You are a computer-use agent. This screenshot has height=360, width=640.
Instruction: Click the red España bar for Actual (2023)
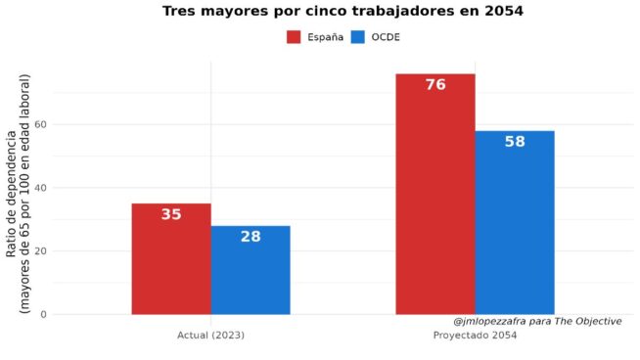point(171,259)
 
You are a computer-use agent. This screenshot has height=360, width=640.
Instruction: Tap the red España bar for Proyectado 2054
point(435,195)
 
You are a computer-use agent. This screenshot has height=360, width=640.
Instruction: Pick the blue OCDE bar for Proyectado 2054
point(515,223)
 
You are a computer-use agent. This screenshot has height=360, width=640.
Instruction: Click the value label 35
point(171,214)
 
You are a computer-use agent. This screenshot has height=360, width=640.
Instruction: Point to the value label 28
point(251,237)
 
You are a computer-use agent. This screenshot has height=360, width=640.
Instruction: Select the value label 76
point(435,85)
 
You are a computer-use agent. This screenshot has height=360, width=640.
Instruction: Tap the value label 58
point(515,142)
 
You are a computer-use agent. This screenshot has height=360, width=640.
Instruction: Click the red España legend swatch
point(294,37)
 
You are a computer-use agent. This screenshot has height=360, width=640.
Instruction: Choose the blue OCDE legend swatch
point(358,37)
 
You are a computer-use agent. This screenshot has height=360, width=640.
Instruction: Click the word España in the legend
point(325,37)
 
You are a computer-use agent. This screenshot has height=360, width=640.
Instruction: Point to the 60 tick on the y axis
point(41,124)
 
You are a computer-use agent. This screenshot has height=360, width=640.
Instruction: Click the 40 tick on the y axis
point(41,188)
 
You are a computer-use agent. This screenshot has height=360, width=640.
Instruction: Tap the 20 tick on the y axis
point(41,251)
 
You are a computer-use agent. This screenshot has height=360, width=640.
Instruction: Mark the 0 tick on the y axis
point(44,315)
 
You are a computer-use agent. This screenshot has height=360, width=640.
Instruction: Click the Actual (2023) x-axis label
point(210,336)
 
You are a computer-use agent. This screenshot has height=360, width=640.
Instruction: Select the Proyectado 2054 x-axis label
point(475,336)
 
